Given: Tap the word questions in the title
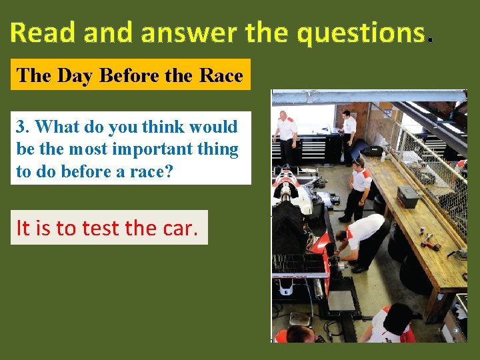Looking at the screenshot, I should point(361,32).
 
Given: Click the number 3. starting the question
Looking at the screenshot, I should point(23,126).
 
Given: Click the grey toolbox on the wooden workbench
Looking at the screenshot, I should point(407,196).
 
